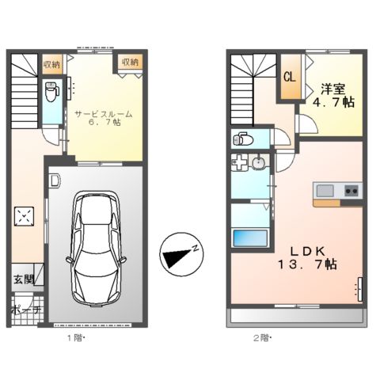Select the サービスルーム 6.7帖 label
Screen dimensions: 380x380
(x=104, y=119)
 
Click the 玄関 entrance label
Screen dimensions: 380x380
(x=22, y=279)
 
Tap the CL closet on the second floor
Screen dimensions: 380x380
(x=289, y=78)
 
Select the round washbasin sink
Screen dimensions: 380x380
(x=259, y=165)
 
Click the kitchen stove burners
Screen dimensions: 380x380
(x=351, y=190)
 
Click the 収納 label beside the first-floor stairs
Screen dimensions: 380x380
(x=52, y=64)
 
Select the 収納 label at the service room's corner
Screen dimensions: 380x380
(x=130, y=62)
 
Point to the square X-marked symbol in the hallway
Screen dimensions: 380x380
(x=25, y=215)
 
